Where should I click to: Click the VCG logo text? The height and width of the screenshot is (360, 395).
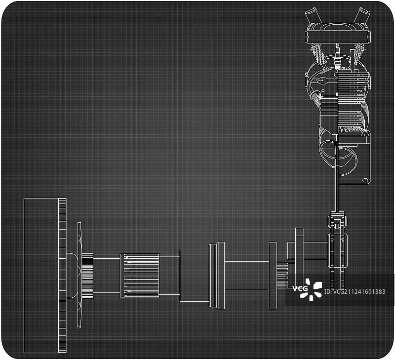[300, 288]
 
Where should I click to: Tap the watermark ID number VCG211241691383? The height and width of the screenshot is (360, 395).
[355, 292]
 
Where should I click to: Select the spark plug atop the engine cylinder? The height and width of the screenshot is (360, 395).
[338, 57]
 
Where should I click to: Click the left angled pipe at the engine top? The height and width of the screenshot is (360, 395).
[313, 15]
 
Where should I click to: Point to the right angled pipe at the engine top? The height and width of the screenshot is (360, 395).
[361, 15]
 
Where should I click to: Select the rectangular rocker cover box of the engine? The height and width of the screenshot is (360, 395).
[338, 37]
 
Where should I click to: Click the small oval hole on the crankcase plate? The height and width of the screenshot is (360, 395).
[365, 180]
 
